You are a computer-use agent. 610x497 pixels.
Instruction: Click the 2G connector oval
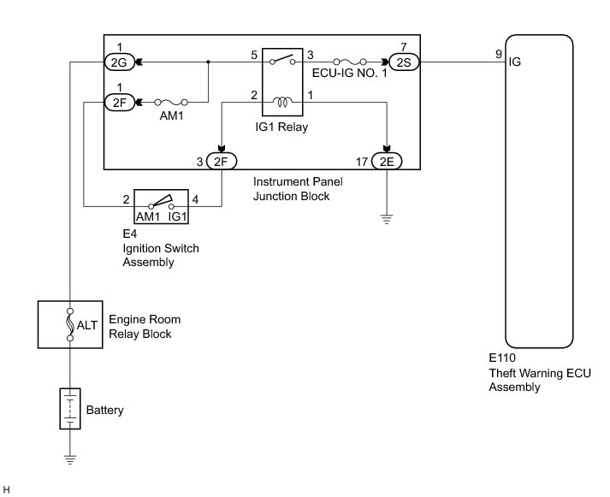click(x=117, y=62)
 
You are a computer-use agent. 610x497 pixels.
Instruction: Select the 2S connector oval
click(x=402, y=62)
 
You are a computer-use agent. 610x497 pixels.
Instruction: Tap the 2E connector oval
click(x=387, y=160)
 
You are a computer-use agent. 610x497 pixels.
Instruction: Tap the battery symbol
click(x=70, y=410)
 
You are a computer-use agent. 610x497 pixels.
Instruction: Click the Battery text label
click(x=105, y=411)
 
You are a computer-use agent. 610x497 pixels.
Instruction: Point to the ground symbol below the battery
click(x=70, y=459)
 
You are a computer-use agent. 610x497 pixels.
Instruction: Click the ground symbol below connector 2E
click(x=387, y=218)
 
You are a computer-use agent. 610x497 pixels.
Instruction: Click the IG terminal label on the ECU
click(x=514, y=62)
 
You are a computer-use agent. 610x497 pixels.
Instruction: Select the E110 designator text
click(x=502, y=361)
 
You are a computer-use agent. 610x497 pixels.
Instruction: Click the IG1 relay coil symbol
click(x=280, y=104)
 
